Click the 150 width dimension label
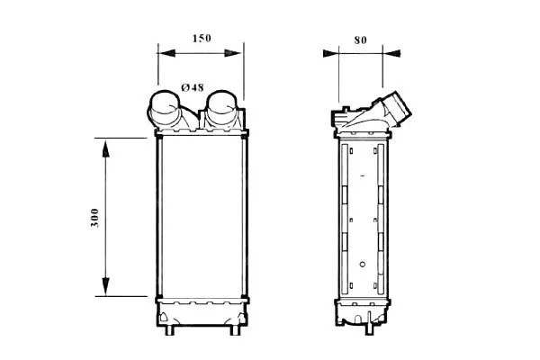(202, 38)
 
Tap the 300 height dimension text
(94, 218)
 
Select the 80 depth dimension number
(360, 40)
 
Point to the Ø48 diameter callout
(193, 87)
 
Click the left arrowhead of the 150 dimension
(166, 53)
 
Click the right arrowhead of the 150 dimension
(233, 53)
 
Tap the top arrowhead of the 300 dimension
(105, 148)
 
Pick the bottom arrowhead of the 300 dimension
(105, 286)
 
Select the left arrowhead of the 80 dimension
(331, 53)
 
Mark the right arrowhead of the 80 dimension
(391, 53)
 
